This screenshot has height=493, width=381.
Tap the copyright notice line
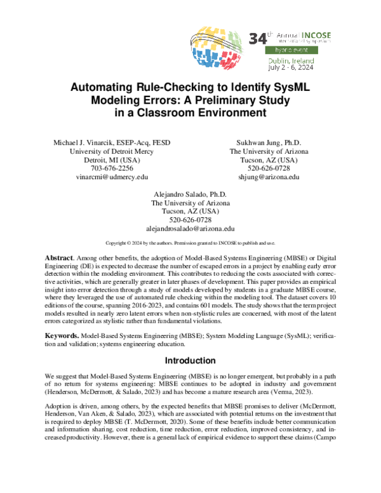(x=190, y=243)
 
